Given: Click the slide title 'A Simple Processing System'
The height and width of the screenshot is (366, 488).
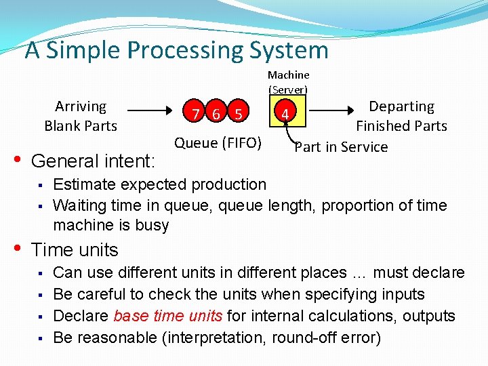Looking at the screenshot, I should point(176,50).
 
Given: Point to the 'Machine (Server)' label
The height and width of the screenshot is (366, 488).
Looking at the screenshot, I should point(288,81).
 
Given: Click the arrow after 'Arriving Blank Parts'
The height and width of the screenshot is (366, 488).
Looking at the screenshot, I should point(153,109).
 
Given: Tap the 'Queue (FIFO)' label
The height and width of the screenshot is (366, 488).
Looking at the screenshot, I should point(218,142).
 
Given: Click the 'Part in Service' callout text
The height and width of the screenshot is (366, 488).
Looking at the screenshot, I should point(342,146).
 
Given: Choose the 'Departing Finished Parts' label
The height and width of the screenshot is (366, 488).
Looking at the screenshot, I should point(401,116).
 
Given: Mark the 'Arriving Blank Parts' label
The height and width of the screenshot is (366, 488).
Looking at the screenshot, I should point(81,116).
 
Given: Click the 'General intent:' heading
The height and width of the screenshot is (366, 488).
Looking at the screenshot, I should point(94,161).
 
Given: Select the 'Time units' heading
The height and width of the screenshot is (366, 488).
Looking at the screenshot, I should point(75,250).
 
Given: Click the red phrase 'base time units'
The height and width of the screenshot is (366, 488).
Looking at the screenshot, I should point(169,316).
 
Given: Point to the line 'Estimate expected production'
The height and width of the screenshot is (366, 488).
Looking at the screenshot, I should point(159,184).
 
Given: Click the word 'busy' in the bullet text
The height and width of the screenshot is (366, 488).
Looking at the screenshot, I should point(153,225).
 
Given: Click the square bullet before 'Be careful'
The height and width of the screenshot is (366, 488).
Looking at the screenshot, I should point(41,295).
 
